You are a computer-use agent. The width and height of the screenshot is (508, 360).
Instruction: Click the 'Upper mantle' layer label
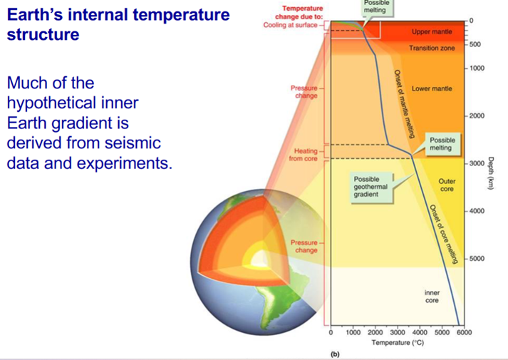point(432,32)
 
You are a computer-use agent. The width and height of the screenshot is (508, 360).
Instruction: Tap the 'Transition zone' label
point(432,48)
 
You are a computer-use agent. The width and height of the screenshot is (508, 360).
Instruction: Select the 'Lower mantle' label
point(432,88)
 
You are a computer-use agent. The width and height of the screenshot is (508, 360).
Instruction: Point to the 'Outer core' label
point(447,185)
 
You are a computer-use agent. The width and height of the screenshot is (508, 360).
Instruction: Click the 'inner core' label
point(432,297)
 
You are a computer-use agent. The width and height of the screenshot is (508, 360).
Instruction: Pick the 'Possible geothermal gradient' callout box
point(371,187)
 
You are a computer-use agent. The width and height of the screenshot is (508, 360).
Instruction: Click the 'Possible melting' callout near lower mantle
point(442,144)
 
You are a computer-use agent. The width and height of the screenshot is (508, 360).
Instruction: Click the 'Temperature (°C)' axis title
point(398,342)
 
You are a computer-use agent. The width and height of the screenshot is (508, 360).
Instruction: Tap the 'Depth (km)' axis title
point(491,173)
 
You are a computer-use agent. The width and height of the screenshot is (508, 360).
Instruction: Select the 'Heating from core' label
point(303,155)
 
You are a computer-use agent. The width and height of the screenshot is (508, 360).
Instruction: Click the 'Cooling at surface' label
point(290,25)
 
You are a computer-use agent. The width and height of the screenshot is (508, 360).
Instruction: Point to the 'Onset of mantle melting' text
point(404,103)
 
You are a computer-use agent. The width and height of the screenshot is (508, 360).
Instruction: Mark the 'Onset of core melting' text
point(444,234)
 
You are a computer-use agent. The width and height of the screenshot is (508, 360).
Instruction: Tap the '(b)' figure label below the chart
point(335,354)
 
